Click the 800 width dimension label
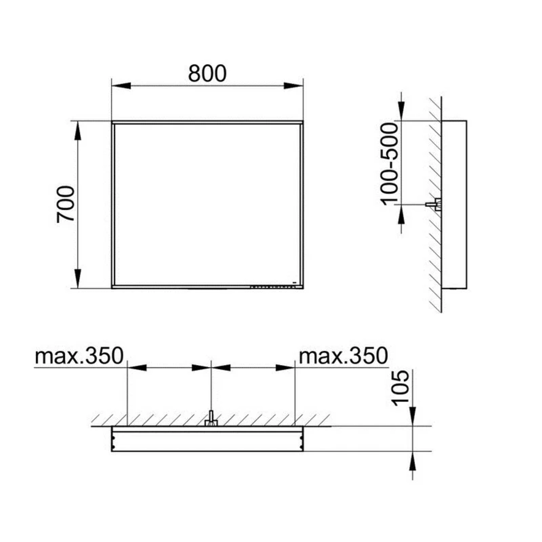click(207, 73)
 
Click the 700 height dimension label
click(66, 204)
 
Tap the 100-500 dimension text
click(390, 164)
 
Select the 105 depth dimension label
click(401, 387)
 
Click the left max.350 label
click(79, 355)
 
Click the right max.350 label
click(343, 355)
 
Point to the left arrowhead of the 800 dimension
click(122, 86)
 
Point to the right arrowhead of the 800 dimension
click(293, 86)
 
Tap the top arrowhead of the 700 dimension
click(78, 131)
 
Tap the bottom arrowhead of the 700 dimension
click(78, 278)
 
